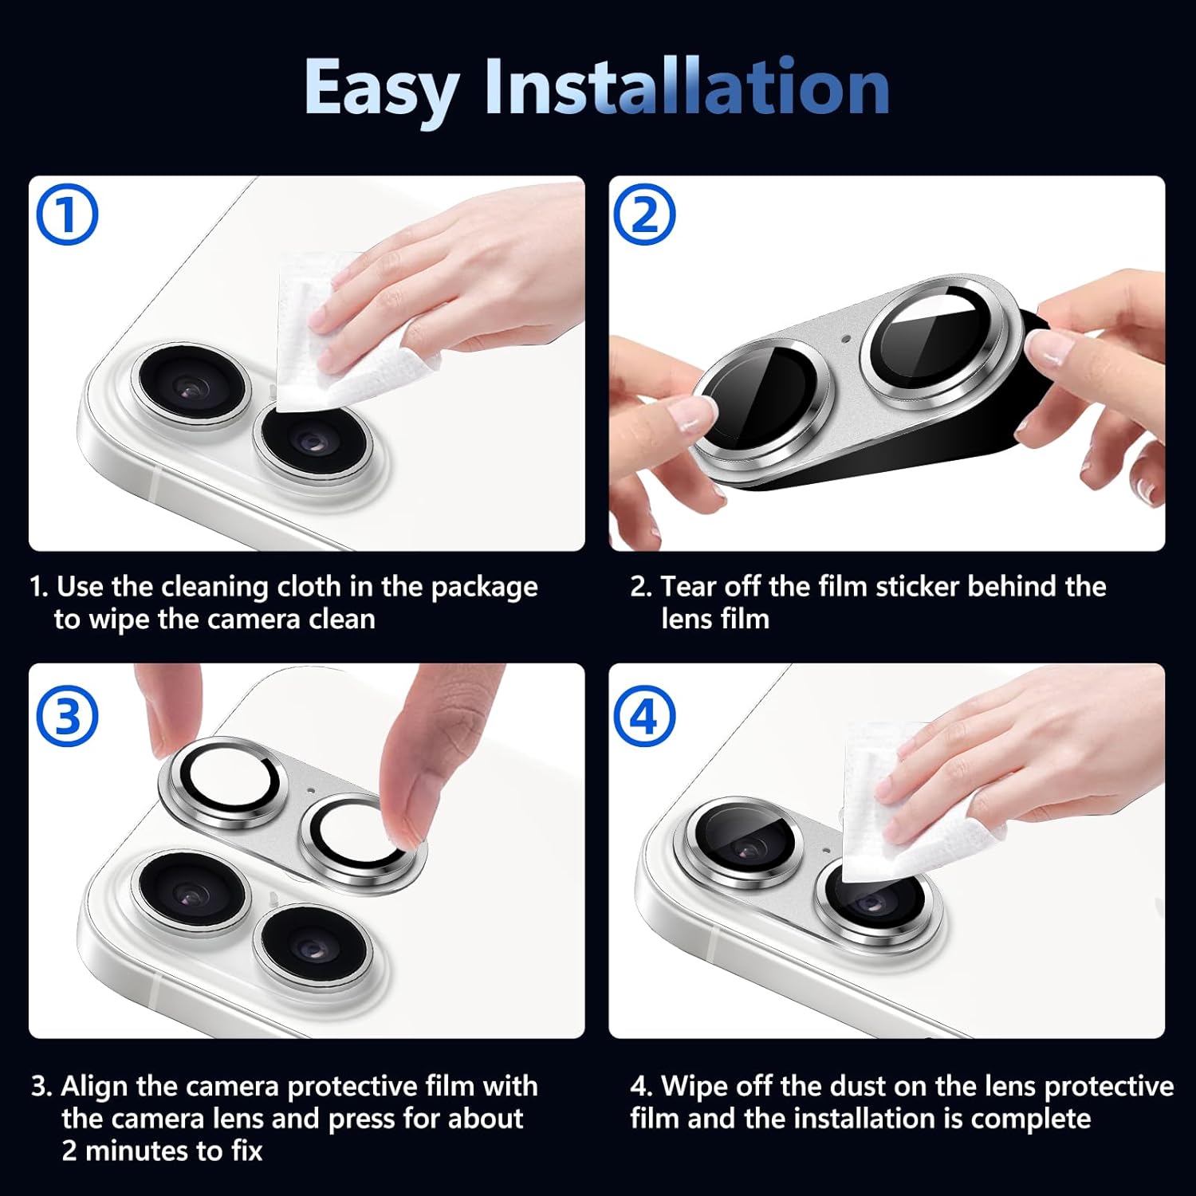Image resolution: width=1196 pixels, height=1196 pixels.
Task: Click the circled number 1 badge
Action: [x=68, y=214]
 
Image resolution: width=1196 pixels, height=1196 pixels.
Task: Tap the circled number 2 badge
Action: [x=644, y=214]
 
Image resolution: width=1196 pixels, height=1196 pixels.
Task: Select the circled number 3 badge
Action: [x=68, y=715]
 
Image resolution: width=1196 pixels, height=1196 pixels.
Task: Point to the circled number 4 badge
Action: [x=644, y=715]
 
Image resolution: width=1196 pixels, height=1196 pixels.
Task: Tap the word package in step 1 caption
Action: [x=485, y=588]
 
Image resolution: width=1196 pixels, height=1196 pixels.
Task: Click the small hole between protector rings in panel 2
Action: [x=846, y=339]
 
